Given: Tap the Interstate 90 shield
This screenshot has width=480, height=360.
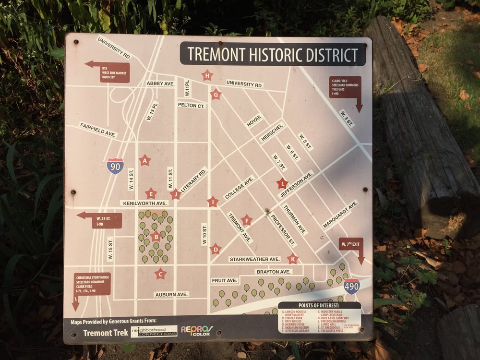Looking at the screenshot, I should click(115, 166).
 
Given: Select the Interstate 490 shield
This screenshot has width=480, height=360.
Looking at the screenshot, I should click(352, 286).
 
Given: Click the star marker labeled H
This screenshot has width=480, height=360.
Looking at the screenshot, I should click(207, 75).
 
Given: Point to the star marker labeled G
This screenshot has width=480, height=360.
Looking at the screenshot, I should click(216, 94).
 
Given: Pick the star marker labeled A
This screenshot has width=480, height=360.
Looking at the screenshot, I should click(144, 161).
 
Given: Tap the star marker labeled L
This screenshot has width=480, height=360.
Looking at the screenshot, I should click(282, 183).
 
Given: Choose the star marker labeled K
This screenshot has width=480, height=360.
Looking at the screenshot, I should click(292, 259).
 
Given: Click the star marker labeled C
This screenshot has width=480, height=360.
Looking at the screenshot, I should click(160, 274).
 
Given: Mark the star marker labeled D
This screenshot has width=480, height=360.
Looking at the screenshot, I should click(216, 249).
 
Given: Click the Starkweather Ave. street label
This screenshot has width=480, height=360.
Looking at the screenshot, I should click(254, 259).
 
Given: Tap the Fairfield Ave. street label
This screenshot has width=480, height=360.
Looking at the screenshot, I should click(98, 130).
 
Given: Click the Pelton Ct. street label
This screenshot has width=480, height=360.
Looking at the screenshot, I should click(192, 105).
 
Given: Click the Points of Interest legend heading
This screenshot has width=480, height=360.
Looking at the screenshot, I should click(319, 305).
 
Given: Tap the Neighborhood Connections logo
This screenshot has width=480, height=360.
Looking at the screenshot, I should click(154, 332).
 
